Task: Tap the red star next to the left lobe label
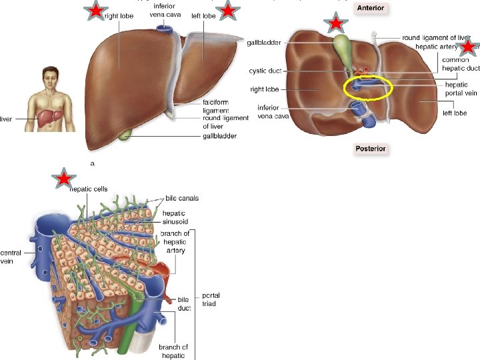228,11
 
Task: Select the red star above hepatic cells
63,179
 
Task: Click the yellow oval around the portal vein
368,87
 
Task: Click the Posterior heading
370,149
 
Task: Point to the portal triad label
211,300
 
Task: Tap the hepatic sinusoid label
174,217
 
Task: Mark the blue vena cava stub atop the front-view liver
163,29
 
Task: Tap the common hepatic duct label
460,64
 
